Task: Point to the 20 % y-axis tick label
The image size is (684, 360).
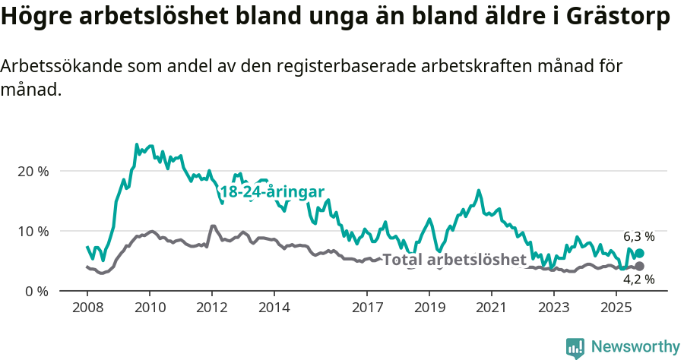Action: tap(33, 171)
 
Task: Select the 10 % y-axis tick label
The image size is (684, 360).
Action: tap(33, 231)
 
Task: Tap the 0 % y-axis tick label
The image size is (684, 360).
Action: tap(36, 291)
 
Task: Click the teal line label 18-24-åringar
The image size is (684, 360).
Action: tap(272, 192)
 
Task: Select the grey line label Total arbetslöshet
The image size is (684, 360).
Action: tap(454, 260)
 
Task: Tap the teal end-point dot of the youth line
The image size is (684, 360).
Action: tap(639, 254)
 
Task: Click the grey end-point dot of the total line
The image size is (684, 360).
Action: tap(639, 266)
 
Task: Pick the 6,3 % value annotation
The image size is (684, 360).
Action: tap(638, 236)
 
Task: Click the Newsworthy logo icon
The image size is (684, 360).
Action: tap(575, 347)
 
